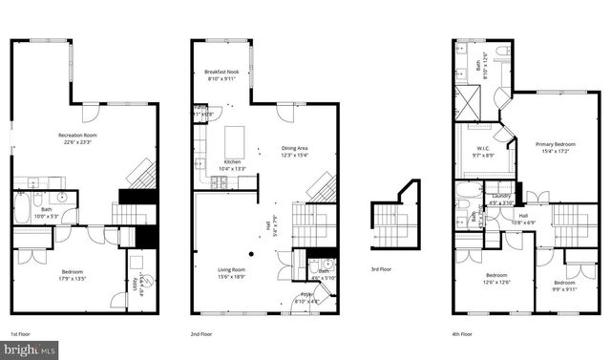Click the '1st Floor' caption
click(20, 333)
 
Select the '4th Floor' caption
click(462, 333)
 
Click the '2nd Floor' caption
click(202, 333)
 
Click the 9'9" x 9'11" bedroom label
click(563, 286)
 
